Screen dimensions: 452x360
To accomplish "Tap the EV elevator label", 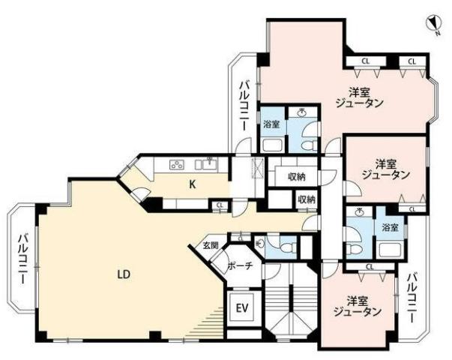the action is pyautogui.click(x=242, y=308).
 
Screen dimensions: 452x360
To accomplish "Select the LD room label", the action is pyautogui.click(x=124, y=274).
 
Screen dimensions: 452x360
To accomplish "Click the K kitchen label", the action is pyautogui.click(x=193, y=184).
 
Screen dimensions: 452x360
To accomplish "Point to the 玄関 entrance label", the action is pyautogui.click(x=211, y=245).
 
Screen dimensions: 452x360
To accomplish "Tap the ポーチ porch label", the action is pyautogui.click(x=241, y=265).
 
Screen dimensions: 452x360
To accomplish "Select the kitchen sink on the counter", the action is pyautogui.click(x=211, y=164).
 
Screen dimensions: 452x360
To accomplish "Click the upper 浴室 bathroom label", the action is pyautogui.click(x=271, y=124).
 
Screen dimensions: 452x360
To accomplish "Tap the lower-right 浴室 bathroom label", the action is pyautogui.click(x=390, y=227).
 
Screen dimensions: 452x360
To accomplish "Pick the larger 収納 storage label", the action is pyautogui.click(x=297, y=176).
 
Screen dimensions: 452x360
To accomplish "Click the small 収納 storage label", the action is pyautogui.click(x=307, y=199).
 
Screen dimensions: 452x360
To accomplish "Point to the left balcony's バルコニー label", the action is pyautogui.click(x=23, y=259).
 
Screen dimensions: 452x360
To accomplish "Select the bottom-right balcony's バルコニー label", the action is pyautogui.click(x=412, y=298).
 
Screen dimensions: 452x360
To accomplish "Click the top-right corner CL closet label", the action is pyautogui.click(x=412, y=61).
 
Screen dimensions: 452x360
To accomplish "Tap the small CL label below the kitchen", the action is pyautogui.click(x=220, y=205).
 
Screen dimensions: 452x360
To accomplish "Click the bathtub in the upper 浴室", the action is pyautogui.click(x=273, y=145).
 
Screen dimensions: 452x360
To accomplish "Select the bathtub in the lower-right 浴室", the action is pyautogui.click(x=391, y=250).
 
